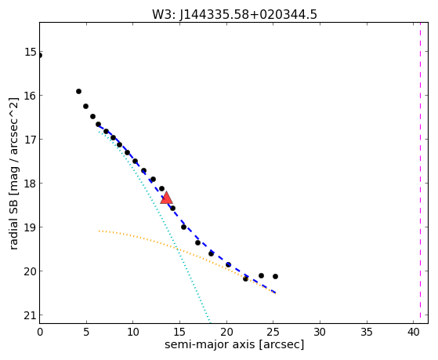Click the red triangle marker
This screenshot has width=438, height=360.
166,198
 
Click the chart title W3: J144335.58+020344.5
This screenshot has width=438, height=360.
234,15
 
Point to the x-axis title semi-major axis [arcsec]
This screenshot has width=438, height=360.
234,344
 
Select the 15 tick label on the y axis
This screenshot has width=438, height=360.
31,52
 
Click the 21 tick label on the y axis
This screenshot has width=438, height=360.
31,315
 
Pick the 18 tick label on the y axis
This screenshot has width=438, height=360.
31,184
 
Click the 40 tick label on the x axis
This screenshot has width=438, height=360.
414,332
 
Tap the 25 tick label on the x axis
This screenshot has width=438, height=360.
273,332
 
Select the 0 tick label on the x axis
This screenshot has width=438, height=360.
40,332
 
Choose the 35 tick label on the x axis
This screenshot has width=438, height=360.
367,332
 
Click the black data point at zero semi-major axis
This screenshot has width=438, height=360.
40,56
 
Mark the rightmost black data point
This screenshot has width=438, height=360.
276,276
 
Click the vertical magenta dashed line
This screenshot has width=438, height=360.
420,173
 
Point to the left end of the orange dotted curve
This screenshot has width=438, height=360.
99,231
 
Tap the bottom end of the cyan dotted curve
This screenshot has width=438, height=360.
209,322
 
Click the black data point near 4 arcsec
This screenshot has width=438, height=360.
79,91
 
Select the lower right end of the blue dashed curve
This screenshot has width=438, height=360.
276,293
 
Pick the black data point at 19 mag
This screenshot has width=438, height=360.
183,227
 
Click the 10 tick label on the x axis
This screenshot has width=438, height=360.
133,332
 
